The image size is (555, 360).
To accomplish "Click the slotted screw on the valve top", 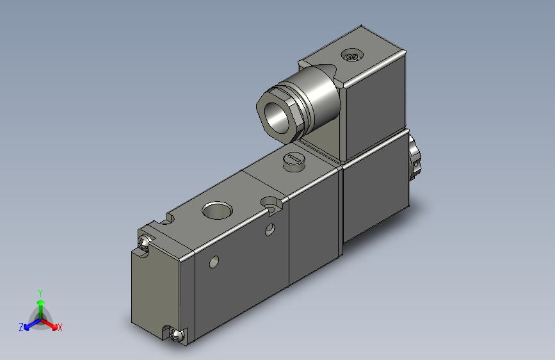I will [292, 160].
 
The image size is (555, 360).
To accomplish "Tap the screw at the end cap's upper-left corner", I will [144, 244].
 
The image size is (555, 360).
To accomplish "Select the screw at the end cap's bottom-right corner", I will [177, 334].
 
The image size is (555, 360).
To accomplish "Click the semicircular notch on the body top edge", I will [168, 220].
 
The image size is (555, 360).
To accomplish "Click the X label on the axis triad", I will [60, 327].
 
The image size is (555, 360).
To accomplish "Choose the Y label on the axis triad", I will [40, 291].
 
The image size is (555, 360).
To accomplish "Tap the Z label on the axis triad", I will [21, 327].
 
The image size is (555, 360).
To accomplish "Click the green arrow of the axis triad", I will [40, 304].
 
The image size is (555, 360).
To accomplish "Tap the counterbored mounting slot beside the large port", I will [273, 204].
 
